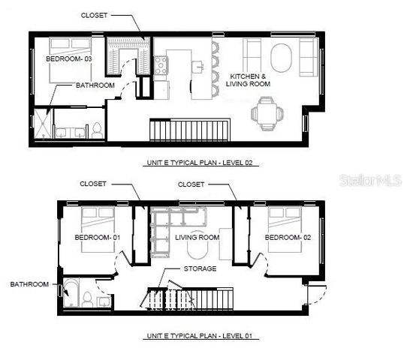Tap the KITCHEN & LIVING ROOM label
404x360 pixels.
[248, 81]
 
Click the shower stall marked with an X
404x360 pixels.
[44, 124]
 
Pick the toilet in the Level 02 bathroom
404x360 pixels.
[95, 130]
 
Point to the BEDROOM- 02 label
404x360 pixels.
[288, 238]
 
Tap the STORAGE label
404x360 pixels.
[200, 268]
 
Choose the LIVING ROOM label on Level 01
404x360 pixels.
[197, 238]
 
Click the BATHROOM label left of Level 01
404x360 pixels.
[29, 284]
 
